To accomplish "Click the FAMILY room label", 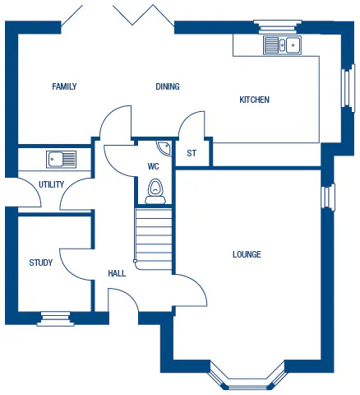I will click(64, 86).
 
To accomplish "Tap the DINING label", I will click(168, 86).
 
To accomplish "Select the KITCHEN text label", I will click(254, 100).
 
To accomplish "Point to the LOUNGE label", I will click(247, 254).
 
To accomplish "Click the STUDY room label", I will click(41, 263).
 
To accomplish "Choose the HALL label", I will click(117, 273).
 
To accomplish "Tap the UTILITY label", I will click(51, 184).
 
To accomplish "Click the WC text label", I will click(153, 166).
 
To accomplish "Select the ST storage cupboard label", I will click(192, 153).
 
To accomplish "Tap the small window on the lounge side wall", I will click(329, 197).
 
